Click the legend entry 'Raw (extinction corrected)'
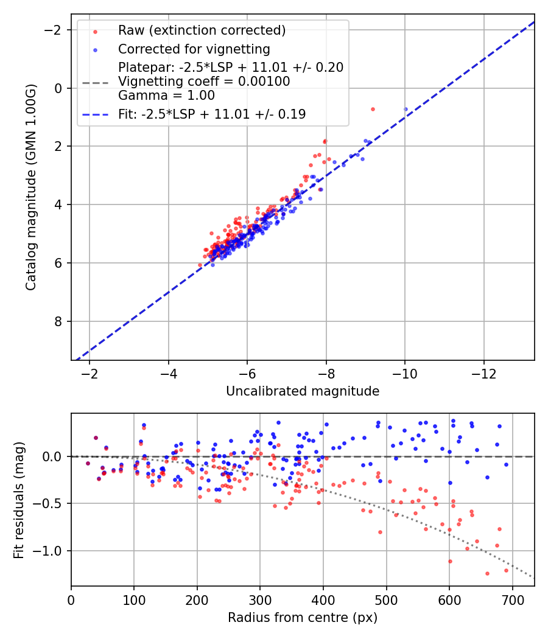(x=202, y=30)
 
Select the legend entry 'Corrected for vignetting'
(x=194, y=49)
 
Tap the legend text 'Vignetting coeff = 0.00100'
(x=204, y=82)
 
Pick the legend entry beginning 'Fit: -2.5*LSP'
(x=212, y=114)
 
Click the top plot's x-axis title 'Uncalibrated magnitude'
(x=303, y=391)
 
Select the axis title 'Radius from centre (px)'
(x=303, y=618)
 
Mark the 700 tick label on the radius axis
(x=512, y=600)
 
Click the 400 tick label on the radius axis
(x=323, y=600)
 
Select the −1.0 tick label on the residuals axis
(x=53, y=551)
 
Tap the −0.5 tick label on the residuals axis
(x=53, y=503)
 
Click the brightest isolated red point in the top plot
(x=373, y=109)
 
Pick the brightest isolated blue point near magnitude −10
(x=406, y=110)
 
